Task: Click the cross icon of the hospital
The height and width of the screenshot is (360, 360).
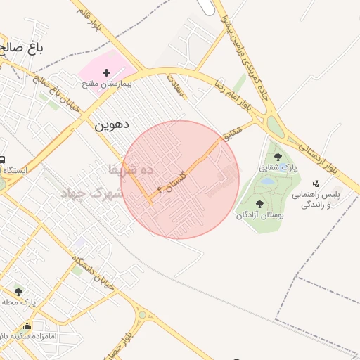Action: pos(106,72)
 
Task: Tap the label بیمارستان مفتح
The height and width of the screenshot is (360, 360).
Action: pos(106,84)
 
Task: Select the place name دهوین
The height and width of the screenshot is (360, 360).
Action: pos(111,125)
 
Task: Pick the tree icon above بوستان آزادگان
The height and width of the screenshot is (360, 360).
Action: pos(259,204)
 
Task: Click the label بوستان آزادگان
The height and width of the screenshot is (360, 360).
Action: pos(261,215)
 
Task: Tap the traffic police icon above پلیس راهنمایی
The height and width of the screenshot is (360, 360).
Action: pos(314,184)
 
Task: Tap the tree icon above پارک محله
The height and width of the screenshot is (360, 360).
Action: pos(18,291)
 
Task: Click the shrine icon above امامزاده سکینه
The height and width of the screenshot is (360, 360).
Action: pos(27,326)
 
